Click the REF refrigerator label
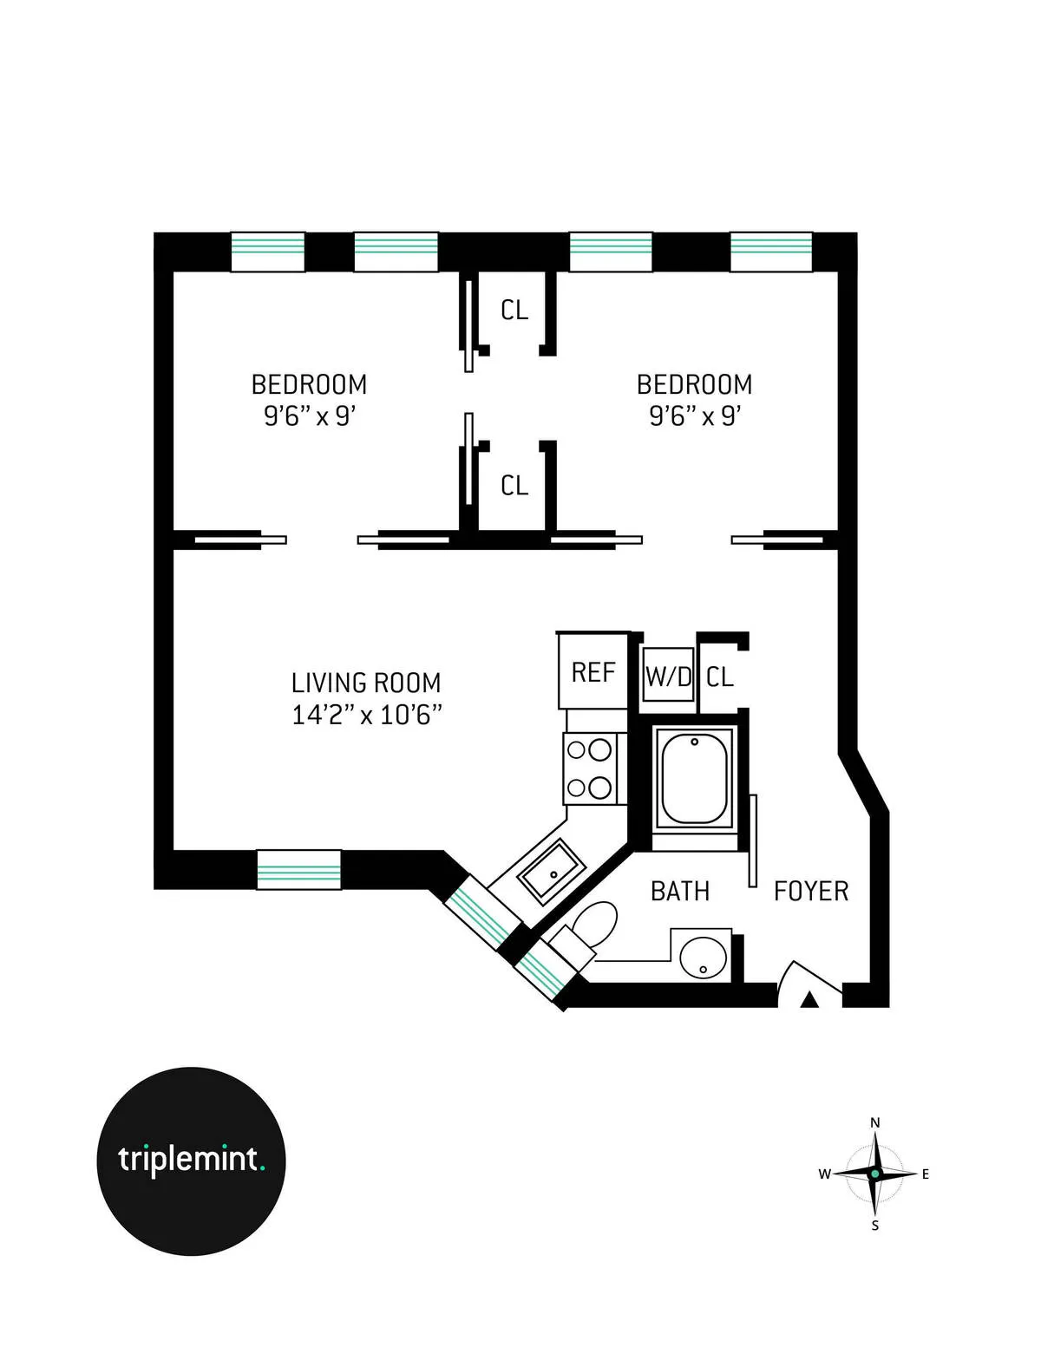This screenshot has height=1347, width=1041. (593, 673)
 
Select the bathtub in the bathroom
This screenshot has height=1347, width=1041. (694, 778)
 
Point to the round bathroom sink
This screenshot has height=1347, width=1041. (704, 958)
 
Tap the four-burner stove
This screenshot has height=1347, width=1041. (590, 768)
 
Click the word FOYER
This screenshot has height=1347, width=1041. (810, 892)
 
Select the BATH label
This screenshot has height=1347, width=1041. (680, 892)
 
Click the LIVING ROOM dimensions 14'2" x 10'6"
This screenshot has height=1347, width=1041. (367, 716)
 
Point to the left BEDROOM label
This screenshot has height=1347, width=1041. (309, 384)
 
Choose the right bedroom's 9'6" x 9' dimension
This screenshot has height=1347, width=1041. (694, 416)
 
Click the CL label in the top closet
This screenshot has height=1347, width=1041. (514, 310)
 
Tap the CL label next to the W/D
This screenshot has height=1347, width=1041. (720, 677)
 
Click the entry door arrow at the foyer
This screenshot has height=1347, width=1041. (809, 1000)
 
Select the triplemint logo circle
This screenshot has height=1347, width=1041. (191, 1161)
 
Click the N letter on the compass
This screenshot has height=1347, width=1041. (874, 1122)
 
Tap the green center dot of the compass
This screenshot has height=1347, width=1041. (875, 1174)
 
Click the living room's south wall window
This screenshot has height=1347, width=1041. (299, 870)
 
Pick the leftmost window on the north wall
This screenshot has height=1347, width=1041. (268, 252)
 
